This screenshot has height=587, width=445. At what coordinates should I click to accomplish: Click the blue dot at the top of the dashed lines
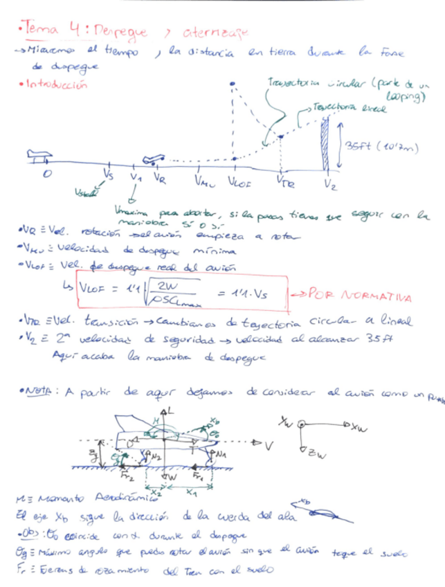click(233, 84)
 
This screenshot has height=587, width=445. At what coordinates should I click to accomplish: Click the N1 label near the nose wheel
click(221, 453)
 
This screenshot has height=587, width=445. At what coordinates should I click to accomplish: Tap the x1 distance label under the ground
click(190, 494)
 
